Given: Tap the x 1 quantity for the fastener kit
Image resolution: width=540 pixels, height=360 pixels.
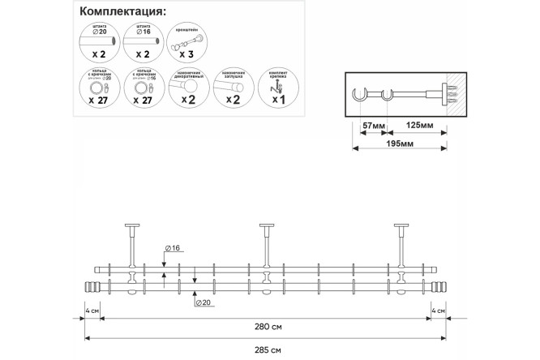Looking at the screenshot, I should (x=277, y=100).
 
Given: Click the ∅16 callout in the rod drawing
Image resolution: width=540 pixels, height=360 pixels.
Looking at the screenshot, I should (x=171, y=247).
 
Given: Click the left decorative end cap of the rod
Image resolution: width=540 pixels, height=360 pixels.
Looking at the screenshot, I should (x=91, y=287).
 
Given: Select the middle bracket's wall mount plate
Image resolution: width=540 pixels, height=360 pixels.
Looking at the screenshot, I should (x=266, y=225).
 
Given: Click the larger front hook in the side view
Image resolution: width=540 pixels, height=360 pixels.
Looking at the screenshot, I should (x=360, y=100).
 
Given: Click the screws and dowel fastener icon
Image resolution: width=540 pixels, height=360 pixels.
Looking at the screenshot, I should (x=277, y=84).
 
